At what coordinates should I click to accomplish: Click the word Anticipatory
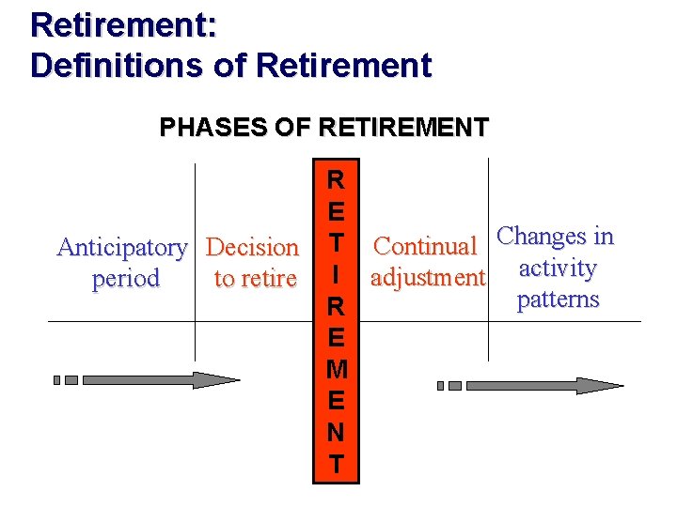[x=122, y=248]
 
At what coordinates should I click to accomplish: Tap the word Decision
[x=252, y=248]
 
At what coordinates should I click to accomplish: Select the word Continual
[x=425, y=247]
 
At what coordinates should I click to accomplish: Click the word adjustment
[x=428, y=278]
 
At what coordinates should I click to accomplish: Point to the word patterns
[x=558, y=300]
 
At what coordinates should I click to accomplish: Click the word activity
[x=558, y=269]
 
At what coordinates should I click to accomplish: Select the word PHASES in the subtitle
[x=200, y=127]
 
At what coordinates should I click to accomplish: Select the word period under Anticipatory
[x=125, y=279]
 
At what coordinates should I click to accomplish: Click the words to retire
[x=255, y=279]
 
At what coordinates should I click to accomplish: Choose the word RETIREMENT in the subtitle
[x=403, y=127]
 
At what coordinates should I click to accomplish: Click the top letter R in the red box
[x=336, y=179]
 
